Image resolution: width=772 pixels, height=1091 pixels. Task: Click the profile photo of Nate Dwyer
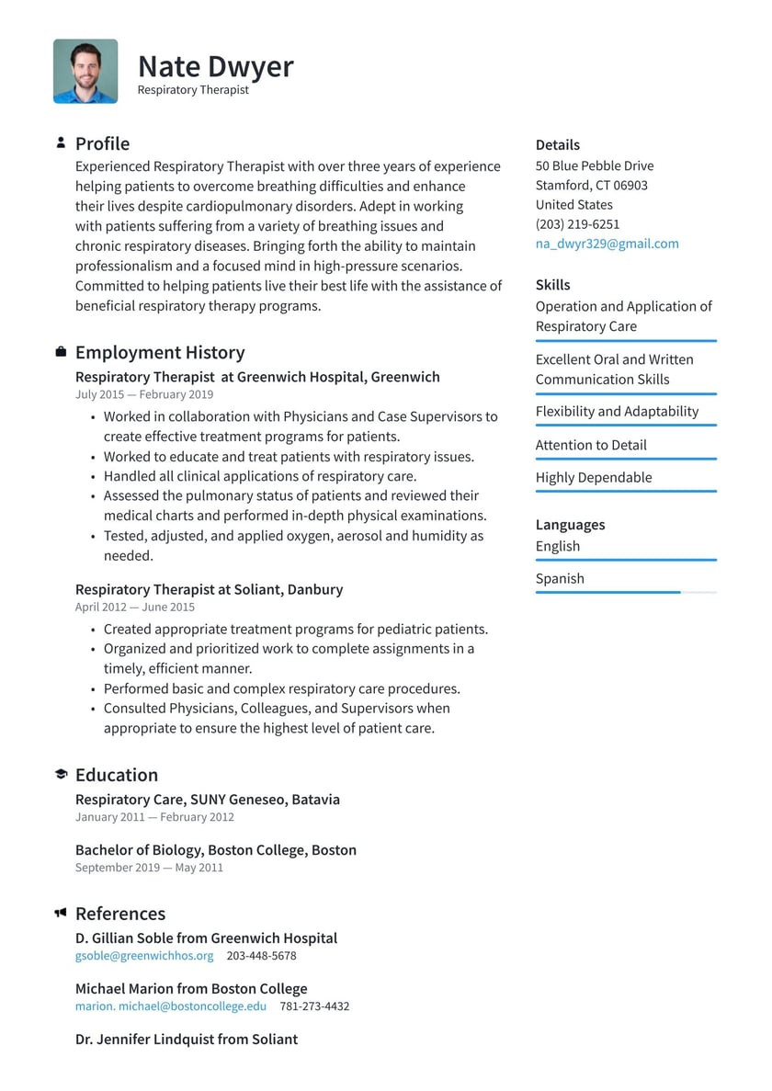85,71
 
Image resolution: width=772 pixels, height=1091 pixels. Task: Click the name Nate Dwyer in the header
215,66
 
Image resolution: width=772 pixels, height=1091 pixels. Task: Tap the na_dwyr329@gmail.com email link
607,244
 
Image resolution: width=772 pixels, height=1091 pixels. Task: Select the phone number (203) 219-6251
577,224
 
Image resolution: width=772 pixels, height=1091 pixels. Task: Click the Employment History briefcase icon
61,352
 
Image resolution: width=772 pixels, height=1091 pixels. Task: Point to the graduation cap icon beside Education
61,775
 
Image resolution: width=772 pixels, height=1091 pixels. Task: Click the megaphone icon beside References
61,913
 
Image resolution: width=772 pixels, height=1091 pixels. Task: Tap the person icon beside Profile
61,142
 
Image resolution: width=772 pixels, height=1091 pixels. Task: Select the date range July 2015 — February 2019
144,394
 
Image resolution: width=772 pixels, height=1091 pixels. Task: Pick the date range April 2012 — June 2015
135,607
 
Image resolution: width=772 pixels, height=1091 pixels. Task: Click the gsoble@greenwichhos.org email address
144,956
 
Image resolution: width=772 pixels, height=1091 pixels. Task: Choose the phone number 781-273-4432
314,1006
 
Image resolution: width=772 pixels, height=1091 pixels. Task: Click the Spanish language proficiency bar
625,593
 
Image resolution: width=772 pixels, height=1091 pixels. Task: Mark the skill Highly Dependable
594,477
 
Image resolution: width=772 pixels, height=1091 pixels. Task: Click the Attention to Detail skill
591,445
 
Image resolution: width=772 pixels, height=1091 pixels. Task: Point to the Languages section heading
570,525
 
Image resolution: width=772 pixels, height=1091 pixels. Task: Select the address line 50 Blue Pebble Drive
595,166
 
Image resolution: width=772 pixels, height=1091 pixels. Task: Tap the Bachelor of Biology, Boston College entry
216,850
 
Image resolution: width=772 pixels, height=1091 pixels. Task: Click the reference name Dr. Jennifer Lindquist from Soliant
187,1040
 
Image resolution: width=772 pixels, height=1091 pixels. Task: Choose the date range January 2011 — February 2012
154,817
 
